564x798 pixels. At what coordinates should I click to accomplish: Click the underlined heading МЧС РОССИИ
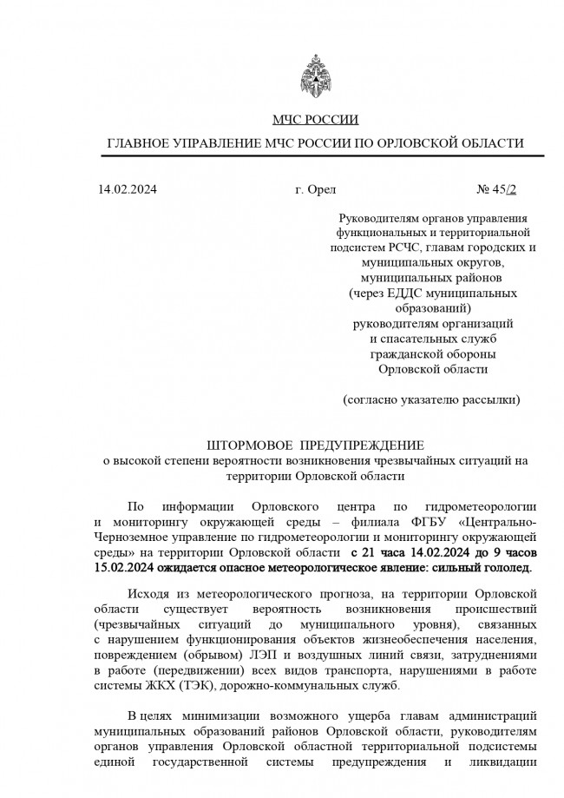point(315,120)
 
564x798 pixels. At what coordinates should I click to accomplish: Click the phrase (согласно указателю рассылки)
point(432,400)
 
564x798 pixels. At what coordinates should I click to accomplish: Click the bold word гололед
point(503,567)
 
